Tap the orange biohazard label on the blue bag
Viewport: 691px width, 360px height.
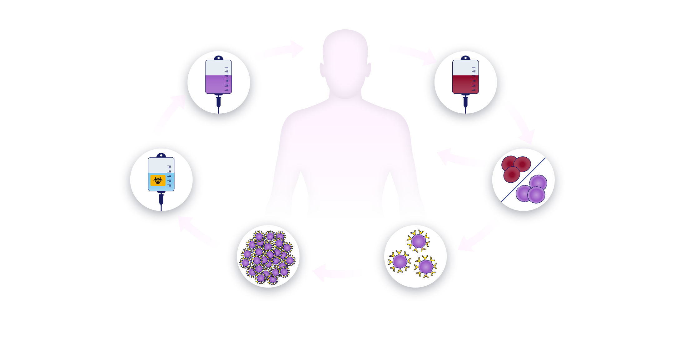(158, 180)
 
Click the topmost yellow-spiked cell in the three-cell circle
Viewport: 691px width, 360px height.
(418, 241)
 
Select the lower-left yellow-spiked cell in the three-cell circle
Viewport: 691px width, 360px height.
(400, 261)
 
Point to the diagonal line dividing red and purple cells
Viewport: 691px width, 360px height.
(524, 180)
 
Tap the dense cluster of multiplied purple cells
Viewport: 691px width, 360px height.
(268, 258)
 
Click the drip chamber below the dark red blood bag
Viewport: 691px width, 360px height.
(465, 101)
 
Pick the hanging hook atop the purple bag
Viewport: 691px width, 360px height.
(218, 58)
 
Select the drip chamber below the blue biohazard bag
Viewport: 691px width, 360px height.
(161, 199)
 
